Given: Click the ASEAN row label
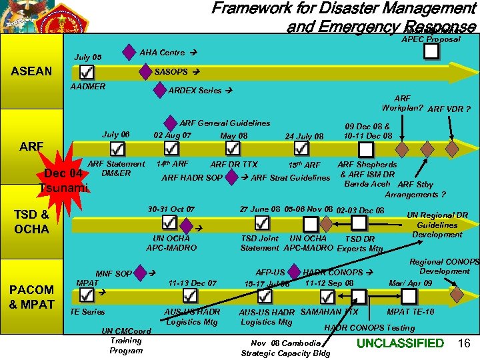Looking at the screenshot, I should point(32,71).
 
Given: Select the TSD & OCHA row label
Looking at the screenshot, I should point(32,222).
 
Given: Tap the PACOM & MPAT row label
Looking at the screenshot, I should point(32,297).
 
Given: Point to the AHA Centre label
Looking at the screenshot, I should point(162,52).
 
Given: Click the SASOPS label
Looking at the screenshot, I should point(171,71).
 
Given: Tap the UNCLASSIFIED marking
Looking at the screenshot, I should point(400,343).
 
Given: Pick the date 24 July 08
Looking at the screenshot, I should point(304,137).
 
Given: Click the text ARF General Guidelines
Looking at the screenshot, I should point(225,123).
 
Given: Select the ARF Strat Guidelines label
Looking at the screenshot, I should point(290,177).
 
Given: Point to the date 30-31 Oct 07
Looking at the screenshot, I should point(172,209).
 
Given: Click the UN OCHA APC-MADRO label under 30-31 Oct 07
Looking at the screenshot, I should point(171,243).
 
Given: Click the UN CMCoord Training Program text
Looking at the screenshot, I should point(126,340).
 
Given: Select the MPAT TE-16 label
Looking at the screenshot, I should point(410,312).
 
